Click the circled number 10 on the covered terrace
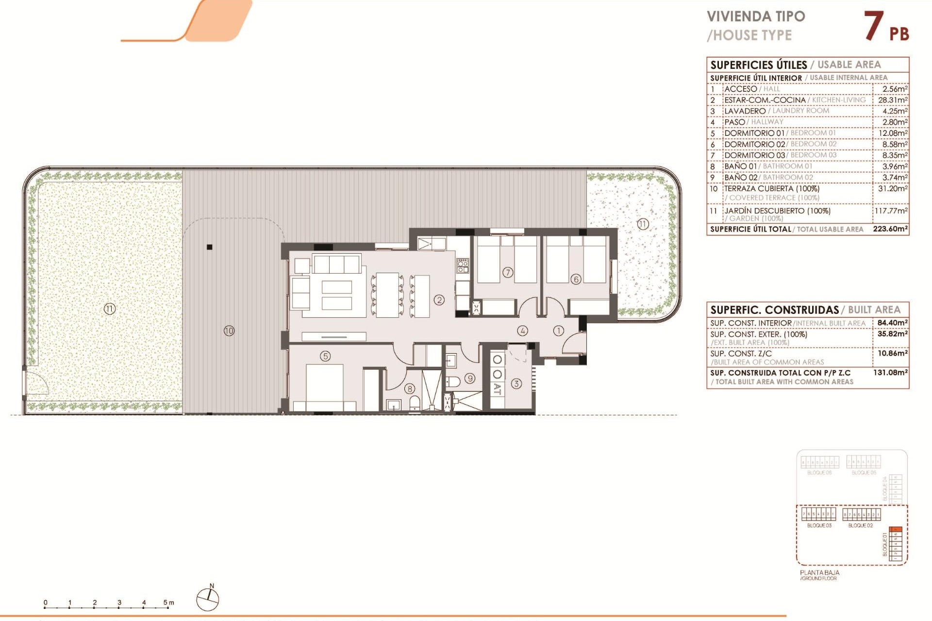pyautogui.click(x=229, y=331)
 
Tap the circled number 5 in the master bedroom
pyautogui.click(x=325, y=356)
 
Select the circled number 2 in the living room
pyautogui.click(x=439, y=300)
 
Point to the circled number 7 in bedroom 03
pyautogui.click(x=508, y=272)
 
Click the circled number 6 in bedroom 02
pyautogui.click(x=576, y=279)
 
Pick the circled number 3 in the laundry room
pyautogui.click(x=516, y=384)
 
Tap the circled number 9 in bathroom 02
pyautogui.click(x=470, y=378)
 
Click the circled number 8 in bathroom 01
pyautogui.click(x=410, y=389)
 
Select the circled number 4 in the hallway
pyautogui.click(x=522, y=331)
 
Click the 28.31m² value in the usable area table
pyautogui.click(x=892, y=100)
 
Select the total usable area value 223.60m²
pyautogui.click(x=890, y=229)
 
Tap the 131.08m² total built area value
pyautogui.click(x=892, y=373)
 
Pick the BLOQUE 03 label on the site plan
pyautogui.click(x=819, y=525)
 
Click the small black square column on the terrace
pyautogui.click(x=210, y=247)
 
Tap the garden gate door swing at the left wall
pyautogui.click(x=36, y=383)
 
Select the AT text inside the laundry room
pyautogui.click(x=498, y=389)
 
